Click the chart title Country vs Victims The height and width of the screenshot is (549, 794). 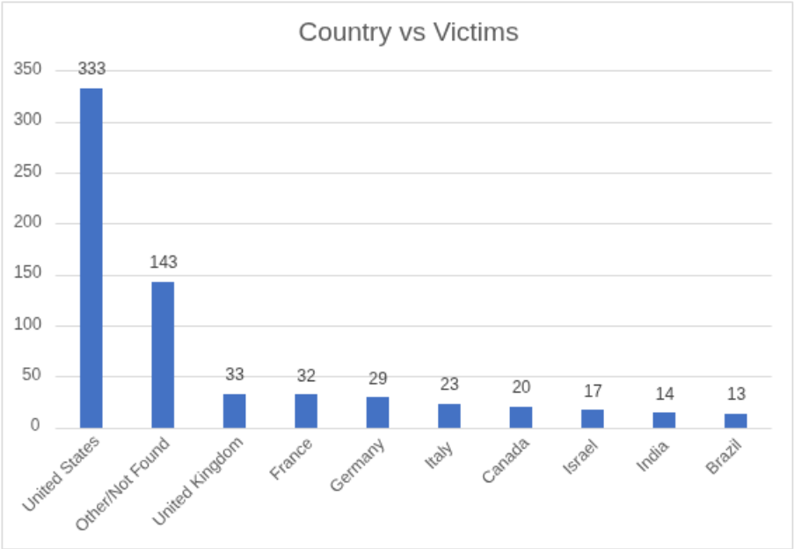click(x=408, y=33)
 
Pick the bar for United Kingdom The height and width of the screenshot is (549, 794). click(x=234, y=410)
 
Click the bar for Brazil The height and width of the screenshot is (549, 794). click(x=735, y=421)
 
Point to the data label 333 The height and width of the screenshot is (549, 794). click(x=91, y=69)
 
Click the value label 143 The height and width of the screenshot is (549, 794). click(x=163, y=262)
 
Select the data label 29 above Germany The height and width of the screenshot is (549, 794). click(x=377, y=379)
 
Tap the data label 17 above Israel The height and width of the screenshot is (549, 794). click(x=593, y=391)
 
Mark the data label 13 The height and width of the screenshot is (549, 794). click(x=735, y=394)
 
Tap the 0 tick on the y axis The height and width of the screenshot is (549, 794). click(x=36, y=427)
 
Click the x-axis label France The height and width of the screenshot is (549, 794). click(x=291, y=460)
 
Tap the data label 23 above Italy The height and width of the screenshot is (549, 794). click(x=449, y=384)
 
